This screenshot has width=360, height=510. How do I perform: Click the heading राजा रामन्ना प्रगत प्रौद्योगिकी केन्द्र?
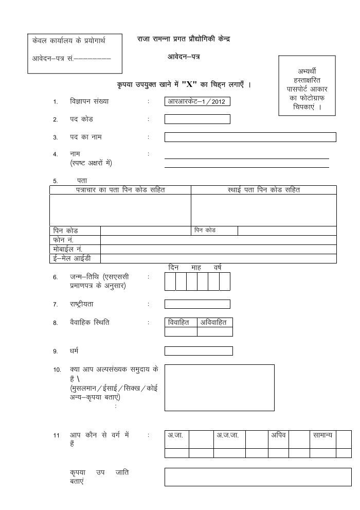(183, 39)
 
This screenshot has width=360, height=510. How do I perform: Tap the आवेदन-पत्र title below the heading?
(183, 57)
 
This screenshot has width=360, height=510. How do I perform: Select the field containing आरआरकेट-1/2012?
(197, 101)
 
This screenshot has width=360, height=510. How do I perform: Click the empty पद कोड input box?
(197, 119)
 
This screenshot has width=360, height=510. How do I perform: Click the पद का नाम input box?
(250, 137)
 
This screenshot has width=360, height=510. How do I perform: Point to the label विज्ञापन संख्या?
(89, 101)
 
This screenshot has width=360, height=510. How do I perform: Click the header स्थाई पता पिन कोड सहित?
(263, 190)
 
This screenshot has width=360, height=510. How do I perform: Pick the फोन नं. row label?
(63, 240)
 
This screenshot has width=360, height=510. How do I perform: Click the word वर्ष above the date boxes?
(218, 268)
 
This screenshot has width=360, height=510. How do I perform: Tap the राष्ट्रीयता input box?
(197, 304)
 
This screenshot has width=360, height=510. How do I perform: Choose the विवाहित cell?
(181, 322)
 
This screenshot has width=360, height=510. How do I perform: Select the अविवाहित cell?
(214, 322)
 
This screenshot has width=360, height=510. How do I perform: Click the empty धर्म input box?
(199, 351)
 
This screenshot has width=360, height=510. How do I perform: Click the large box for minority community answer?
(219, 388)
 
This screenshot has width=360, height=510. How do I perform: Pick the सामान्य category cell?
(322, 435)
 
